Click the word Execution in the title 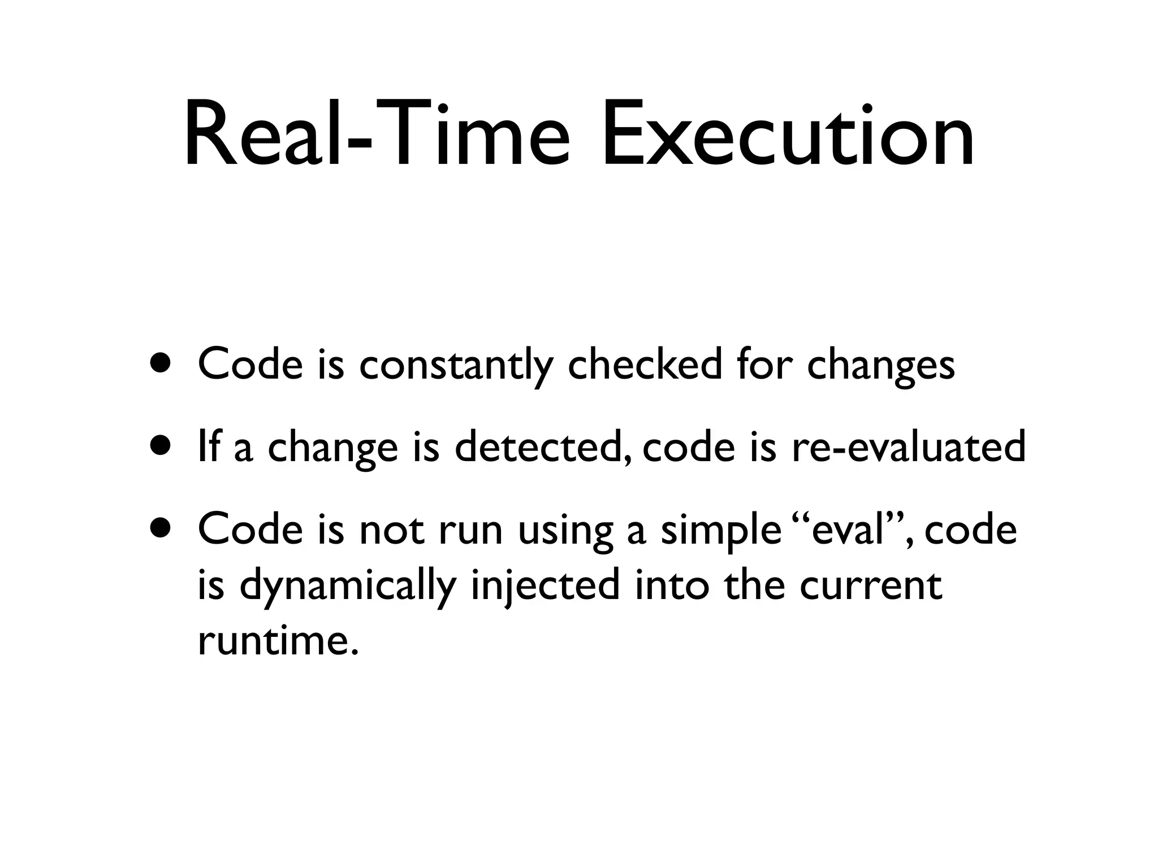[x=787, y=136]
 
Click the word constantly [x=456, y=364]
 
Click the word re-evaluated [x=908, y=446]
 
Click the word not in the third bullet [x=391, y=530]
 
